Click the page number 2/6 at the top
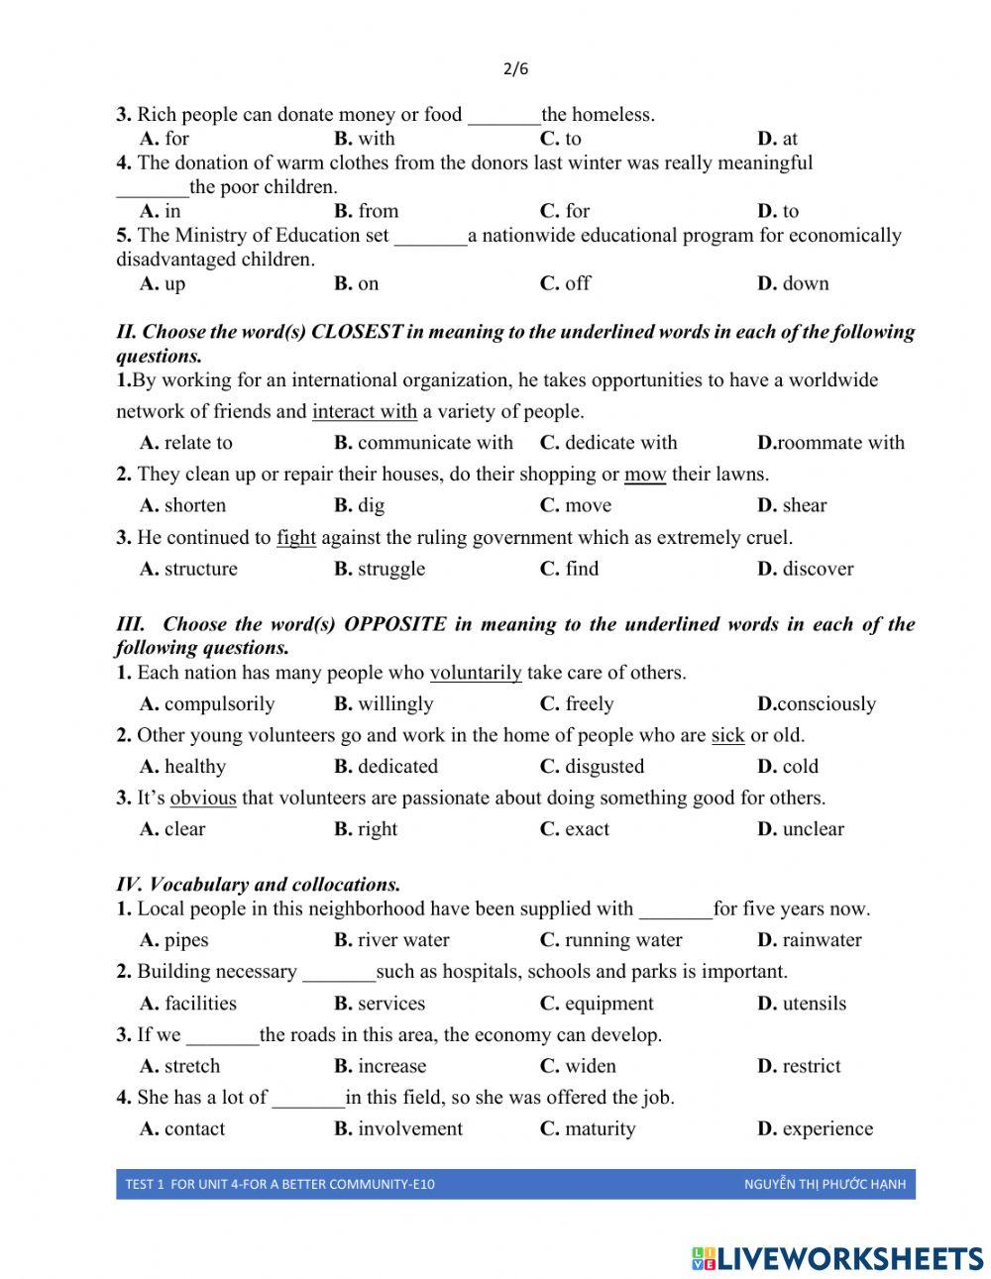coord(515,68)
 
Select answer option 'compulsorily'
coord(218,704)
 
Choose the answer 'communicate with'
coord(434,443)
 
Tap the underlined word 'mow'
coord(645,475)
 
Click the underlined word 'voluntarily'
coord(476,673)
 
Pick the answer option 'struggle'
coord(390,569)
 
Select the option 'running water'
coord(622,940)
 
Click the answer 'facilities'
coord(200,1004)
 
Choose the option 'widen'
coord(590,1066)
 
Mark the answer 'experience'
coord(826,1128)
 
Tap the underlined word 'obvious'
coord(203,799)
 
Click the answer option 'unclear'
coord(813,829)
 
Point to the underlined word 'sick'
coord(727,735)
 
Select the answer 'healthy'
coord(194,767)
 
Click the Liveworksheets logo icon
coord(704,1258)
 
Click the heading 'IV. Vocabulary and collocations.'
coord(259,885)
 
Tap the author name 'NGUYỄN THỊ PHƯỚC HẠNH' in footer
coord(825,1184)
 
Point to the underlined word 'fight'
coord(296,538)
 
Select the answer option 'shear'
coord(804,505)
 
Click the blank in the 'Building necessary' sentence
coord(339,973)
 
